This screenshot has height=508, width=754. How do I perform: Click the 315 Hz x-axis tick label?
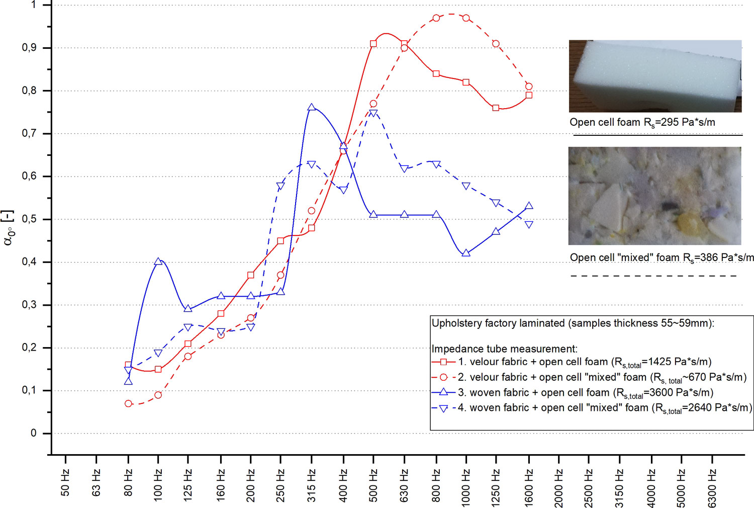pos(312,486)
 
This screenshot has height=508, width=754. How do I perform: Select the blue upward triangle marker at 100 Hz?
pos(158,262)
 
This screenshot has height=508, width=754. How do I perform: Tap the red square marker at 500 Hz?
pos(373,44)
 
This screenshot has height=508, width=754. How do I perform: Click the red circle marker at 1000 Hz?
pos(466,18)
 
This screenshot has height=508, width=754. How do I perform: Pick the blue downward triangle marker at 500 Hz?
pos(373,113)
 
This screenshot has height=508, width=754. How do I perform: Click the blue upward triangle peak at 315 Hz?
pos(312,108)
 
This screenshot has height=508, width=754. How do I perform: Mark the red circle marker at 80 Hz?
pos(128,403)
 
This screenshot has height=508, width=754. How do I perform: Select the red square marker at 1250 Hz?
pos(496,108)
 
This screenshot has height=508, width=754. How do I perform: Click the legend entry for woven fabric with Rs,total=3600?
pos(586,392)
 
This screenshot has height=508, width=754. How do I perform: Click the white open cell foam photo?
pos(655,76)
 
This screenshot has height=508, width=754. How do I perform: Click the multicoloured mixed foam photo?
pos(654,196)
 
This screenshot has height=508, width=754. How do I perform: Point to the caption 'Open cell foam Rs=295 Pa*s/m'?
pos(642,122)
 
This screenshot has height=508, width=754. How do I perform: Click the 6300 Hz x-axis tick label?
pos(712,488)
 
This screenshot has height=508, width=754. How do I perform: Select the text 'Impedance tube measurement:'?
pos(504,349)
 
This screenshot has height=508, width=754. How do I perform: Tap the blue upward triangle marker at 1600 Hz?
pos(529,206)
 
